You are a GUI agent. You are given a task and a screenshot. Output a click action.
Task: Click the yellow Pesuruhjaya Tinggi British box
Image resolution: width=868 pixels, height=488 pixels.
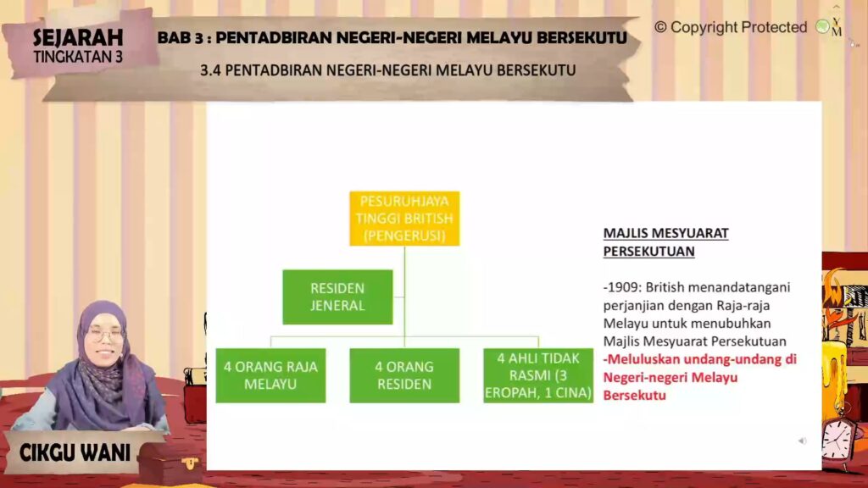click(404, 219)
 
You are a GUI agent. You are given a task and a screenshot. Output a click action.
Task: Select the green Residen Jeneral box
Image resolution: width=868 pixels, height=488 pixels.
click(337, 297)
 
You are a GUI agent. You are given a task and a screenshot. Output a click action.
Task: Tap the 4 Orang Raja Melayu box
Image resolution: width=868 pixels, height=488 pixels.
click(270, 375)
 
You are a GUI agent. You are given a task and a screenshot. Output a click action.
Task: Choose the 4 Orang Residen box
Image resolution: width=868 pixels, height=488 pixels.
click(404, 375)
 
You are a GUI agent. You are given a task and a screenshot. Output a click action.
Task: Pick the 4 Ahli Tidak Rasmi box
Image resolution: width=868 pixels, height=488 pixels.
click(538, 375)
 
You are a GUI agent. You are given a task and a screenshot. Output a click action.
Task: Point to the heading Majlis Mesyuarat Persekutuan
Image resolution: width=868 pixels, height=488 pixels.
click(666, 241)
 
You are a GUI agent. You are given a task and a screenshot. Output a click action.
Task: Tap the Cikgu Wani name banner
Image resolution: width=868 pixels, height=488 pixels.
click(75, 453)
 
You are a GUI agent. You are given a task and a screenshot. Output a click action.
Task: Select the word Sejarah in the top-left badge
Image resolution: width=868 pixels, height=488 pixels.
click(78, 37)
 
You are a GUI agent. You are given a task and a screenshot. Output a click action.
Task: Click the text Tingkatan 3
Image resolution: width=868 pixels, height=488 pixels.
click(78, 57)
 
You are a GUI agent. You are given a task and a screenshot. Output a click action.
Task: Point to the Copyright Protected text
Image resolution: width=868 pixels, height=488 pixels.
click(731, 27)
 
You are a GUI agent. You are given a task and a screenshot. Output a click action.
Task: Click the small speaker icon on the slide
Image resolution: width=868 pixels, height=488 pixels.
click(802, 441)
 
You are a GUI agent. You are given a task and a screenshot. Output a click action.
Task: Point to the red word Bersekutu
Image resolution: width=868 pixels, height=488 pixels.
click(634, 396)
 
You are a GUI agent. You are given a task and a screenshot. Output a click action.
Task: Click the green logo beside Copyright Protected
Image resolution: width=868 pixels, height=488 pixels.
click(822, 26)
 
